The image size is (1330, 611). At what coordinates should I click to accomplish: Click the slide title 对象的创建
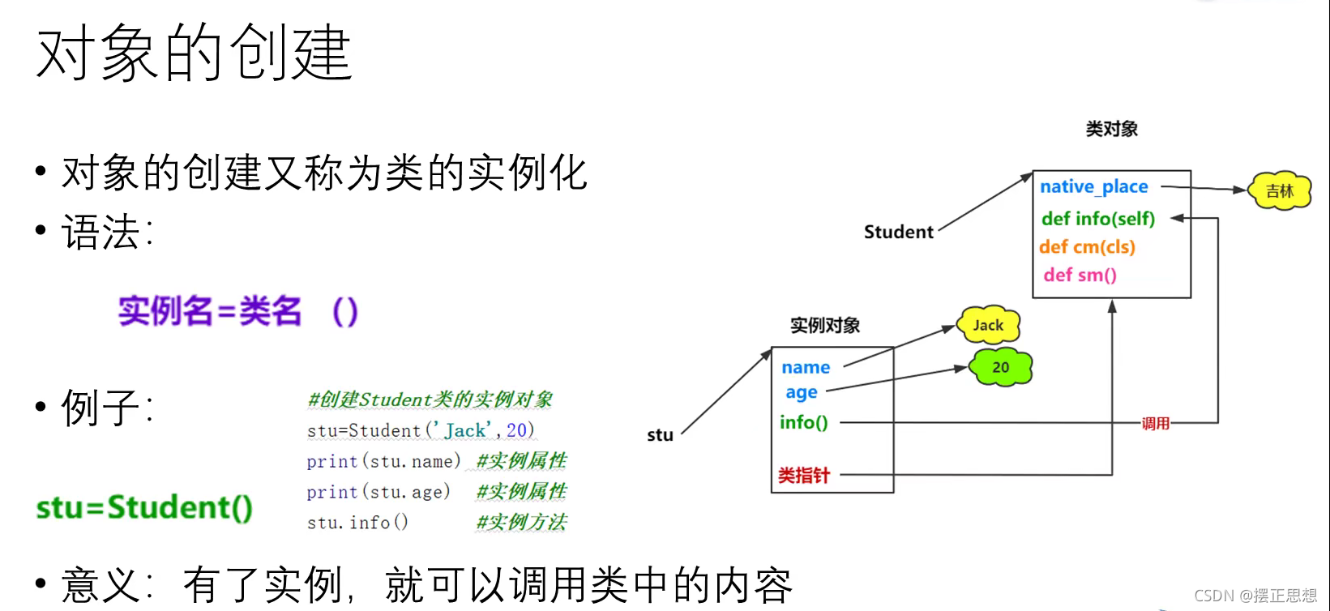point(195,53)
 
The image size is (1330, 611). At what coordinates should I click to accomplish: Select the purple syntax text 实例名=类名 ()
point(237,312)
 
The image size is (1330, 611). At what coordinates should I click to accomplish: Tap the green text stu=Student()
point(144,507)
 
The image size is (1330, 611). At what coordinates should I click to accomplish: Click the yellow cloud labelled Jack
point(988,326)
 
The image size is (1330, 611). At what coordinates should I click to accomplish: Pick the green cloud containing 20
point(1001,367)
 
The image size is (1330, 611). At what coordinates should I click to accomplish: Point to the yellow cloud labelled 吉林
point(1280,191)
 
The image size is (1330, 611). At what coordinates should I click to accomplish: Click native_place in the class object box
point(1094,186)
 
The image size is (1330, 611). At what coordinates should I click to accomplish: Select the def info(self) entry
point(1098,219)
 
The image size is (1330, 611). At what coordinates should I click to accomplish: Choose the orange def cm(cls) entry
point(1087,247)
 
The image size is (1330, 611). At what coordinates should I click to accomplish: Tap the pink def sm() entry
point(1080,276)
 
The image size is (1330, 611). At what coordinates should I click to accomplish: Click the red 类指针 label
point(804,476)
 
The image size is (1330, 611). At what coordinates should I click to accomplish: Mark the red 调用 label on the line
point(1156,423)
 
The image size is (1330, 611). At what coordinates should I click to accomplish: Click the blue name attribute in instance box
point(806,367)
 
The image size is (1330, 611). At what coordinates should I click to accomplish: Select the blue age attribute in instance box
point(802,393)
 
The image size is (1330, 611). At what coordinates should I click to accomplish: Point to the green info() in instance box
point(804,422)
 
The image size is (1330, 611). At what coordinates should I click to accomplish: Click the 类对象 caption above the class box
point(1112,129)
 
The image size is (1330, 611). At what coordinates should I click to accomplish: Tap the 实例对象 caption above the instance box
point(825,326)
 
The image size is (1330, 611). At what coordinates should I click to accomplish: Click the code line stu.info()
point(357,523)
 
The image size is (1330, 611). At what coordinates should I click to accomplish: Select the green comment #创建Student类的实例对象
point(430,399)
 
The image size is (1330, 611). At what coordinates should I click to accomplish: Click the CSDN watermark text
point(1255,596)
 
